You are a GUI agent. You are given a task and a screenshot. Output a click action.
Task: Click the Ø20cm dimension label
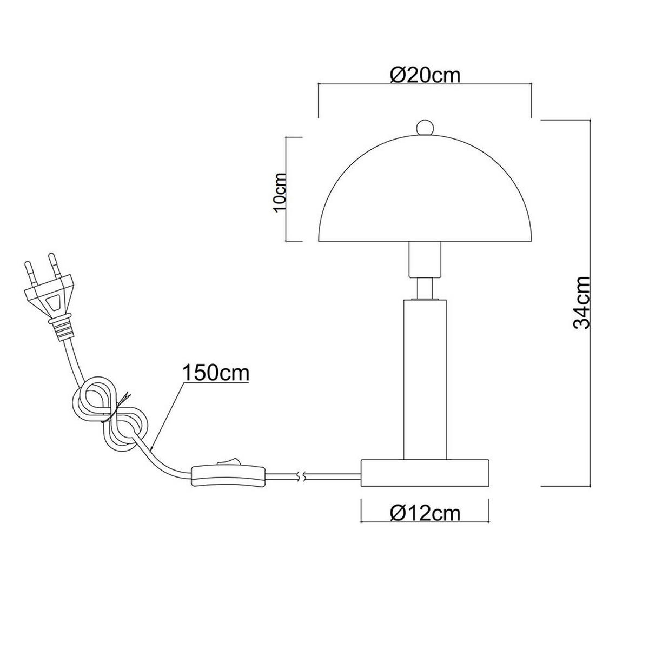[x=425, y=75]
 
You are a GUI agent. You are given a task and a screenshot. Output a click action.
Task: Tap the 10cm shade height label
[x=281, y=191]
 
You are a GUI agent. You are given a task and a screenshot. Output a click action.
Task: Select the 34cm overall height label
[x=581, y=302]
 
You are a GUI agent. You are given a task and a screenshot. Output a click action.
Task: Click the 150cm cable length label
[x=215, y=373]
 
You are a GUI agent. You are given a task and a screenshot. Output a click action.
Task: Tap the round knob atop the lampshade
[x=425, y=127]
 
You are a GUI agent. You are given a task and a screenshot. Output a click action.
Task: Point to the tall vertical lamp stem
[x=425, y=379]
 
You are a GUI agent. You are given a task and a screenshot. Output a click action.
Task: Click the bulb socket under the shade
[x=425, y=260]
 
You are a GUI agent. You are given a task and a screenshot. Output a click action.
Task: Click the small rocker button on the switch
[x=222, y=462]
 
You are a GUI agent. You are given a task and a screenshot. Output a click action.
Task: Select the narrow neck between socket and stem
[x=425, y=287]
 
